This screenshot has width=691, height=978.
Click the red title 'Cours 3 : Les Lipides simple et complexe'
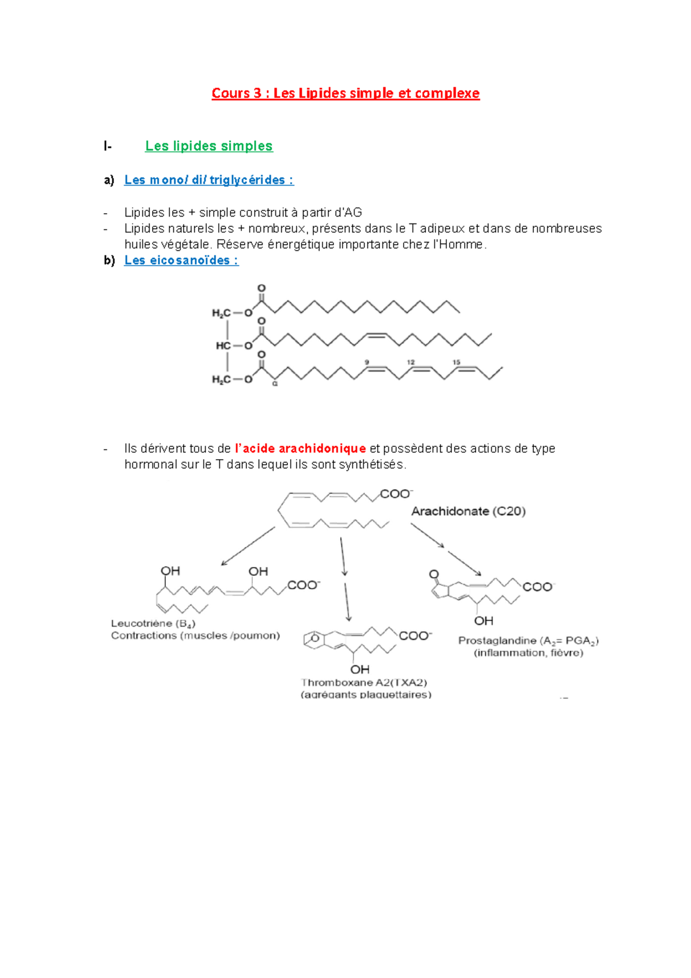345,93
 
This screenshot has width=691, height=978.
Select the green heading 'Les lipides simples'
208,146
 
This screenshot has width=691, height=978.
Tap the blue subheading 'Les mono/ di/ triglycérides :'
208,180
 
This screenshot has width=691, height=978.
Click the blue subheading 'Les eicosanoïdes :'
181,260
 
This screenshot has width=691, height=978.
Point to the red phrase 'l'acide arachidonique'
301,449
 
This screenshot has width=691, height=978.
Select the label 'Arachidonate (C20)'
468,511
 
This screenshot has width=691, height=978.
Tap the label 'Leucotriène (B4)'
153,624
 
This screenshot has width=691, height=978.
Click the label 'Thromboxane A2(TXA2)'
364,683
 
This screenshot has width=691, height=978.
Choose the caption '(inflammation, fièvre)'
529,653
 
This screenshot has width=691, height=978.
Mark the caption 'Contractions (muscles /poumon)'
195,636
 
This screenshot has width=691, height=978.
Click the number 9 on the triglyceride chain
367,362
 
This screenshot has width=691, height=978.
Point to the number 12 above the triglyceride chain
411,362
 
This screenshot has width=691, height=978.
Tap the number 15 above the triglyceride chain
456,362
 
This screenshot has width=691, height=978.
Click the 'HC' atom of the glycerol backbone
223,346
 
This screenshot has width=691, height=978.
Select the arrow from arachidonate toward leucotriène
248,547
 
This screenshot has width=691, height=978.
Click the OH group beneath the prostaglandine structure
484,621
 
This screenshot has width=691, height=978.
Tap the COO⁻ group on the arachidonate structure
396,494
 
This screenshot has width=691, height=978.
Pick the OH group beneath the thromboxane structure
360,669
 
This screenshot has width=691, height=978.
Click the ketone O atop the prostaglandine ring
434,574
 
